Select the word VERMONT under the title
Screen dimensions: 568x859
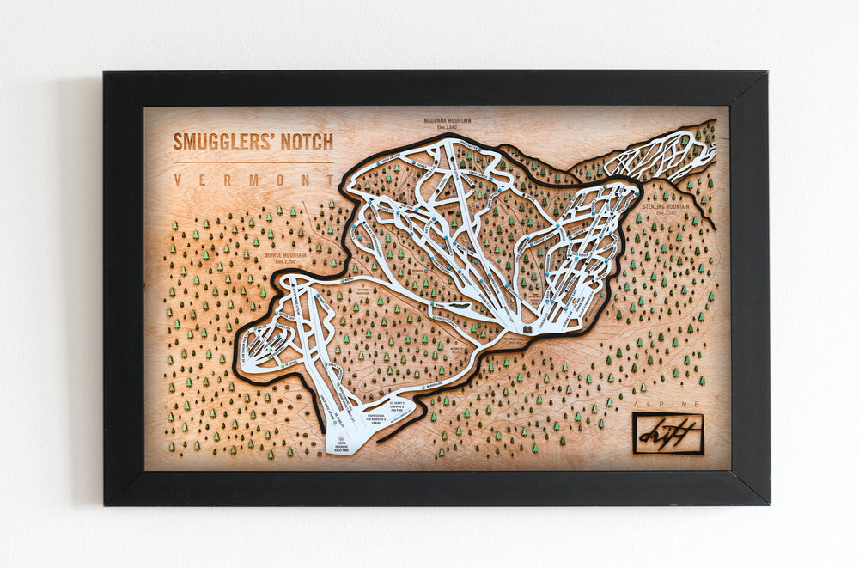click(253, 180)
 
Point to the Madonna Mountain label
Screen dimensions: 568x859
click(448, 121)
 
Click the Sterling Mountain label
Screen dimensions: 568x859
click(665, 206)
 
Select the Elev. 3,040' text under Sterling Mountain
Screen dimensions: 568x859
click(665, 213)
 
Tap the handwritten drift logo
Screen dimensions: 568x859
click(667, 434)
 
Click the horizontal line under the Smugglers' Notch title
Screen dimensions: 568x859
click(253, 162)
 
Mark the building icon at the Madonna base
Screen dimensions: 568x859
click(526, 327)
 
